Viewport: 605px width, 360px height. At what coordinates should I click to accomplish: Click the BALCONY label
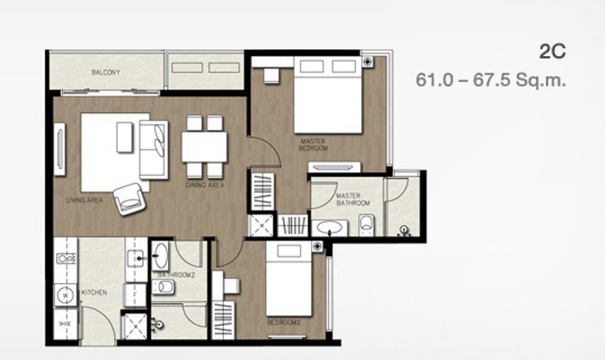(x=105, y=73)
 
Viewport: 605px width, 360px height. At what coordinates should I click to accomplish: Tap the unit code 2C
(x=553, y=51)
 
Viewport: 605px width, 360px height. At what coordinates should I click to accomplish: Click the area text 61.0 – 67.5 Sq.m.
(x=491, y=80)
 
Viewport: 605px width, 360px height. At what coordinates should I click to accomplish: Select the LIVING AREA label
(x=85, y=200)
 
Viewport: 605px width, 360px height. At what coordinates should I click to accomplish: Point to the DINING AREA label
(x=205, y=185)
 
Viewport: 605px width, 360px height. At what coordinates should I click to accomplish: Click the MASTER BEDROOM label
(x=313, y=145)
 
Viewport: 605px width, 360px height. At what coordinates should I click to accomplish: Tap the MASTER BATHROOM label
(x=353, y=199)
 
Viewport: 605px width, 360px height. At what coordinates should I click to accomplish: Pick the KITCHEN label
(x=94, y=292)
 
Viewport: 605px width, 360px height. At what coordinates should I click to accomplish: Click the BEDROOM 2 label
(x=283, y=323)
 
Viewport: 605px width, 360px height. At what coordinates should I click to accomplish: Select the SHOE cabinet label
(x=65, y=324)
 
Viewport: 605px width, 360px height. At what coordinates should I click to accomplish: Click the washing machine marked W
(x=65, y=295)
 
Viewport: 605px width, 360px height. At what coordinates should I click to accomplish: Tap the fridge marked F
(x=135, y=294)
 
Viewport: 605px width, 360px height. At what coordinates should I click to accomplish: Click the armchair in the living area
(x=130, y=199)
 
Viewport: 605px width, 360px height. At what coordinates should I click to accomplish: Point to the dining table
(x=205, y=147)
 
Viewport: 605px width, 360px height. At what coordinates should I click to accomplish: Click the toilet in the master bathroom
(x=367, y=225)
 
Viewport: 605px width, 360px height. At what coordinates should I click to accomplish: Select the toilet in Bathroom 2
(x=163, y=287)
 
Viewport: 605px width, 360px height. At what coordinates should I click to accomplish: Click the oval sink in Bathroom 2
(x=160, y=256)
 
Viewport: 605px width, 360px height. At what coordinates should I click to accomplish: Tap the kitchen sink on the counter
(x=135, y=259)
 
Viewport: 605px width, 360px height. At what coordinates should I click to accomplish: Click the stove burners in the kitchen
(x=66, y=259)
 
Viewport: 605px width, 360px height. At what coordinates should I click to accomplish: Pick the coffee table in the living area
(x=125, y=138)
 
